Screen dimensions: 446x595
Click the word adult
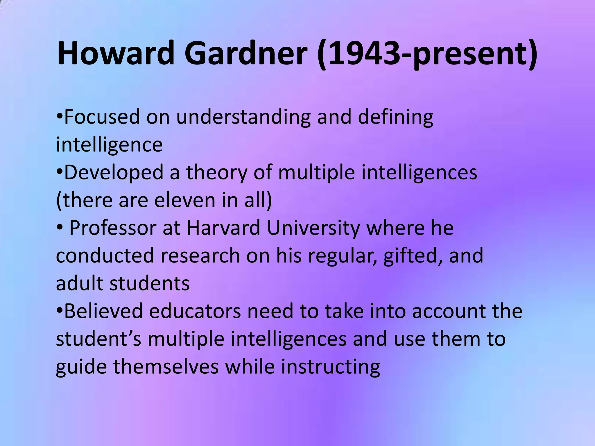pos(79,283)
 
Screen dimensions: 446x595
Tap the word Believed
pos(103,311)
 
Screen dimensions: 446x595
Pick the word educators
pos(195,311)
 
